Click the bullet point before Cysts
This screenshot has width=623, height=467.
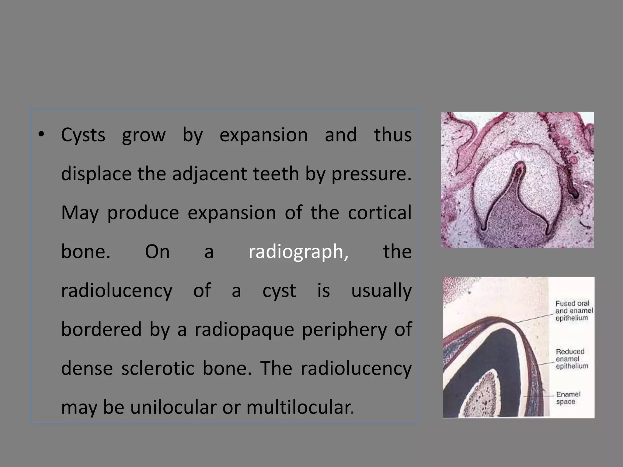[x=41, y=135]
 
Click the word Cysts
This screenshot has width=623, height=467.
[x=83, y=135]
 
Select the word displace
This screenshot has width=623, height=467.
[x=96, y=174]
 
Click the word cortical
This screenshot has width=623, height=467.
[x=380, y=213]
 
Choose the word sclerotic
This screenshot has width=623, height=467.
[x=158, y=368]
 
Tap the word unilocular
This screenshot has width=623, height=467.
[x=173, y=407]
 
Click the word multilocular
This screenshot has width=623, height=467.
[x=300, y=407]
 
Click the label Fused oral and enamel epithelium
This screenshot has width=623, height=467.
[x=574, y=311]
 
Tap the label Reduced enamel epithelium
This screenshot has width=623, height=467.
[x=572, y=359]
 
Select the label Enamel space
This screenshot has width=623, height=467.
[x=568, y=398]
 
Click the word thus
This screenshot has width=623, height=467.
[x=393, y=135]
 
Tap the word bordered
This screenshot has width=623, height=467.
[x=101, y=330]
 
